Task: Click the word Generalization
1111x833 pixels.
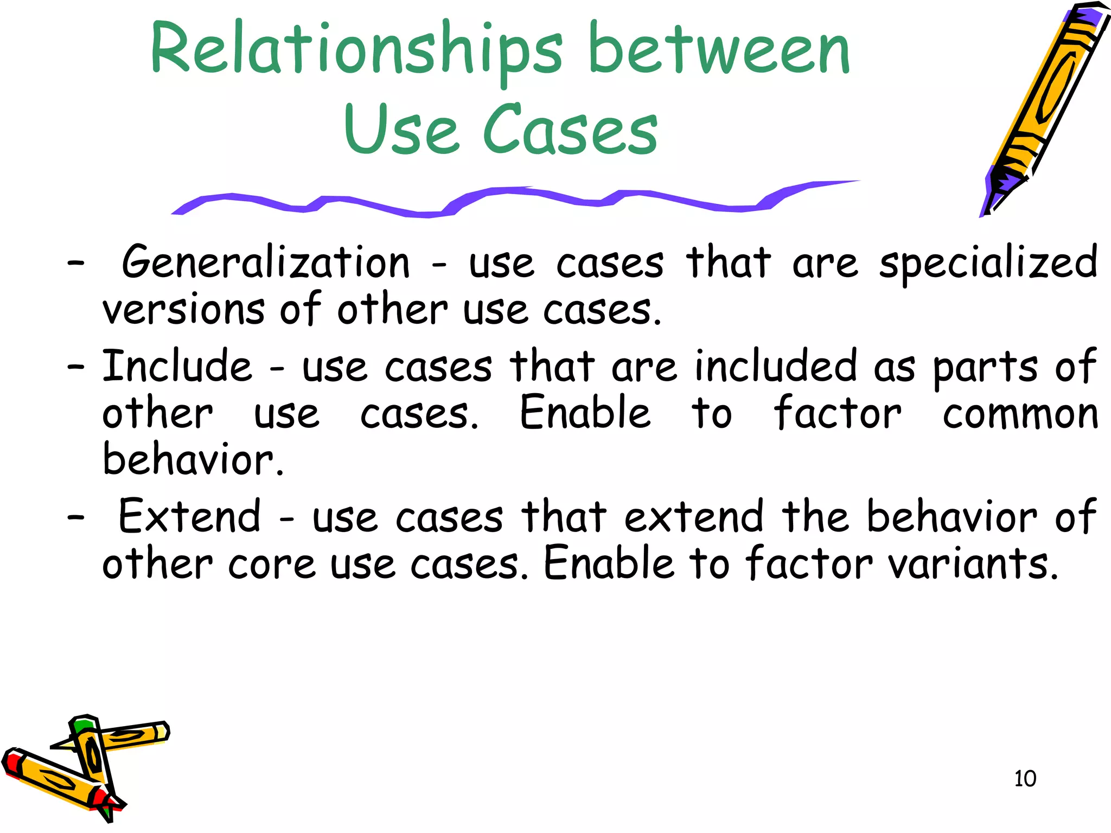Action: pyautogui.click(x=266, y=263)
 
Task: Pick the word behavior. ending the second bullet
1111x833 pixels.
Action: pyautogui.click(x=193, y=460)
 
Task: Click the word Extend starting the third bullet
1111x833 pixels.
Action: pyautogui.click(x=189, y=516)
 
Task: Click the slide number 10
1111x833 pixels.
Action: pyautogui.click(x=1025, y=779)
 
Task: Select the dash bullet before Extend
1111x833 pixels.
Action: pyautogui.click(x=76, y=517)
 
